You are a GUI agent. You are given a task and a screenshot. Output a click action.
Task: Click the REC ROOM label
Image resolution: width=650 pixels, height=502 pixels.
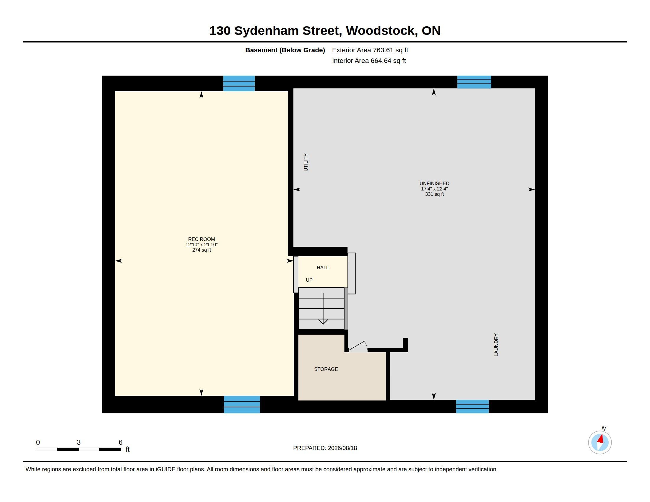pyautogui.click(x=201, y=239)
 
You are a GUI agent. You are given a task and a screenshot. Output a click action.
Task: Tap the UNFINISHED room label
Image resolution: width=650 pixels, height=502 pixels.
pyautogui.click(x=434, y=183)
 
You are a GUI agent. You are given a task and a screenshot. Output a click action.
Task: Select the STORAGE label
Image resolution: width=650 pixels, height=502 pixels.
pyautogui.click(x=326, y=369)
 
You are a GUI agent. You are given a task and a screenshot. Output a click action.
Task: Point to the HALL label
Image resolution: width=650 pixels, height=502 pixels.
pyautogui.click(x=323, y=268)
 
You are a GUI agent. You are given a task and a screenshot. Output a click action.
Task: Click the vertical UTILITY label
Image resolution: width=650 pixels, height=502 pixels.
pyautogui.click(x=306, y=162)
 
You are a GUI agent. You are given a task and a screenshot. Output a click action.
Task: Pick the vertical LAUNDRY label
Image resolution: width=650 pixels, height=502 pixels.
pyautogui.click(x=496, y=345)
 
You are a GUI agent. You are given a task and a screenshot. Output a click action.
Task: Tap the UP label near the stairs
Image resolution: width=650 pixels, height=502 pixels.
pyautogui.click(x=309, y=280)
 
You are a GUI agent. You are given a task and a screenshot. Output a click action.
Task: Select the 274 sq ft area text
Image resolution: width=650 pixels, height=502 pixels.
pyautogui.click(x=201, y=250)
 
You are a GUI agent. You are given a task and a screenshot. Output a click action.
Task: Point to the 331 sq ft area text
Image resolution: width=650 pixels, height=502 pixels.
pyautogui.click(x=434, y=194)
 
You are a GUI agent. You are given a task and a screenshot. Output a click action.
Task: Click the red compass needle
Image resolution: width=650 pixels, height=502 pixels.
pyautogui.click(x=601, y=439)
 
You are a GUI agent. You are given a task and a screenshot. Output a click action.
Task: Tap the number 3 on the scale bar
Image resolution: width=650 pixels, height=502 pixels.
pyautogui.click(x=79, y=442)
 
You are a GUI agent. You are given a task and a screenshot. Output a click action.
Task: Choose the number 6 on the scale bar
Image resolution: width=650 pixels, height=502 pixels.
pyautogui.click(x=121, y=442)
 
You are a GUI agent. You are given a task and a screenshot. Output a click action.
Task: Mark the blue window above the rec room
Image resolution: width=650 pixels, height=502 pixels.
pyautogui.click(x=239, y=84)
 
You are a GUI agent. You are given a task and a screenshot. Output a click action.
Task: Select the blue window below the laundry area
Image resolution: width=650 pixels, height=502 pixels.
pyautogui.click(x=472, y=407)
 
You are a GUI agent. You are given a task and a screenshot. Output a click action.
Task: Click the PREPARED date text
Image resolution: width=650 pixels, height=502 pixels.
pyautogui.click(x=325, y=448)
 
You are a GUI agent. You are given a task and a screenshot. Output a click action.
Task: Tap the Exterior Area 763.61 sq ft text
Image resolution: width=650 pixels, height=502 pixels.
pyautogui.click(x=370, y=50)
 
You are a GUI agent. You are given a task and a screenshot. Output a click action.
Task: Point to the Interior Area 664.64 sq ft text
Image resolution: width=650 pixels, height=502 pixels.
pyautogui.click(x=369, y=61)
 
